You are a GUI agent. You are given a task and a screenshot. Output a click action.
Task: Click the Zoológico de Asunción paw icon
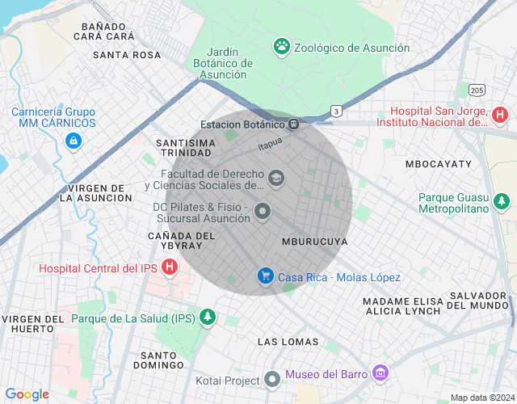coord(282,47)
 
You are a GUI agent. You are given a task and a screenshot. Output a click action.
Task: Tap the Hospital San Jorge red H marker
coord(499,116)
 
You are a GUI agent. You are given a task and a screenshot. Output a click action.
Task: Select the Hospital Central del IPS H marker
coord(170,267)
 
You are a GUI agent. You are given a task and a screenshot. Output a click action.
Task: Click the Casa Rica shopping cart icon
coord(265,277)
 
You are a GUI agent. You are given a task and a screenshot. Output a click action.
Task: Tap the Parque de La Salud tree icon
coord(208,318)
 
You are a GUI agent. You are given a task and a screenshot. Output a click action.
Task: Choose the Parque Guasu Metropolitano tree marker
coord(502,200)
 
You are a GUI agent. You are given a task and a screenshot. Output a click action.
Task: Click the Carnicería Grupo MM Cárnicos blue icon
coord(74,141)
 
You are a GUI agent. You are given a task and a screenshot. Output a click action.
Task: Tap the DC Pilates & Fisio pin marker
coord(263,213)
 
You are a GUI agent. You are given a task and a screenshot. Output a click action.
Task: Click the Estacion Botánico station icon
coord(294,124)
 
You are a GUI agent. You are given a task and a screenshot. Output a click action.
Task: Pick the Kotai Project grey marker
coord(273,380)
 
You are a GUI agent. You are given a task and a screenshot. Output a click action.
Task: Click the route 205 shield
coord(477,90)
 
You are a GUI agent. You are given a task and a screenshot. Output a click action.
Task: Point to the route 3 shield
coord(335,110)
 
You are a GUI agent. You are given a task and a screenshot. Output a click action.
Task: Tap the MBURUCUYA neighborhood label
coord(315,242)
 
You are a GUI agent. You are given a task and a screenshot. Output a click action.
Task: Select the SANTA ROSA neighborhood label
coord(127,55)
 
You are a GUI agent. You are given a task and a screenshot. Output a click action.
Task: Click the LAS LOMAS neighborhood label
coord(288,342)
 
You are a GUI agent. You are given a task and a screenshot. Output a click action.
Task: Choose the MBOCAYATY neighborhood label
coord(438,164)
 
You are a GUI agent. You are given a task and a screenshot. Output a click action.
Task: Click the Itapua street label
coord(270,144)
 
